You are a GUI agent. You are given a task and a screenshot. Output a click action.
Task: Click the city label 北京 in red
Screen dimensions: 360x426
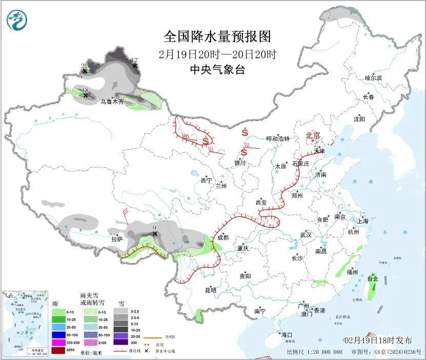coord(313,135)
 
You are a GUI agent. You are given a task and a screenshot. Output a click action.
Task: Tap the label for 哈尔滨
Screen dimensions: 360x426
coord(373,78)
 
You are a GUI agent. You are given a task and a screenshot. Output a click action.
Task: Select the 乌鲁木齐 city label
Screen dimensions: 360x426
coord(112,102)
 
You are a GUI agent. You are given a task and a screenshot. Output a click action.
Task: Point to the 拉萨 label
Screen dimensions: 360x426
coord(117,239)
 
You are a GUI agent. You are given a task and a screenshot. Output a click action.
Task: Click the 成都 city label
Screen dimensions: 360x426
coord(224,237)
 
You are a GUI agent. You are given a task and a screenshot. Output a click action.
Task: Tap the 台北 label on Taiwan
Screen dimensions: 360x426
coord(373,279)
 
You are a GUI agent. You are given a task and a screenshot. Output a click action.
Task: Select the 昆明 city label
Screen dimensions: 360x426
coord(211,290)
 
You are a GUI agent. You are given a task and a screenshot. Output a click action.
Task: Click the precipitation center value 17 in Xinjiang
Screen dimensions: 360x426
coord(135,61)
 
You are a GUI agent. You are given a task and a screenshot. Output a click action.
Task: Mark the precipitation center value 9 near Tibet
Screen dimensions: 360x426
coord(154,228)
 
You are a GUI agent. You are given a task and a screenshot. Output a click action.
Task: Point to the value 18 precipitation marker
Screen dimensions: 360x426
coord(85,90)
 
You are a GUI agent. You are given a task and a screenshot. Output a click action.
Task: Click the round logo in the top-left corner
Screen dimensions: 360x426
coord(16,19)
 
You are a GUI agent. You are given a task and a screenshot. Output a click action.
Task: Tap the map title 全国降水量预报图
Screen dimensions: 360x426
coord(217,36)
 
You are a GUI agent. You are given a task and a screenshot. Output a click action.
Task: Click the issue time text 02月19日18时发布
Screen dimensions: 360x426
coord(378,341)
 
